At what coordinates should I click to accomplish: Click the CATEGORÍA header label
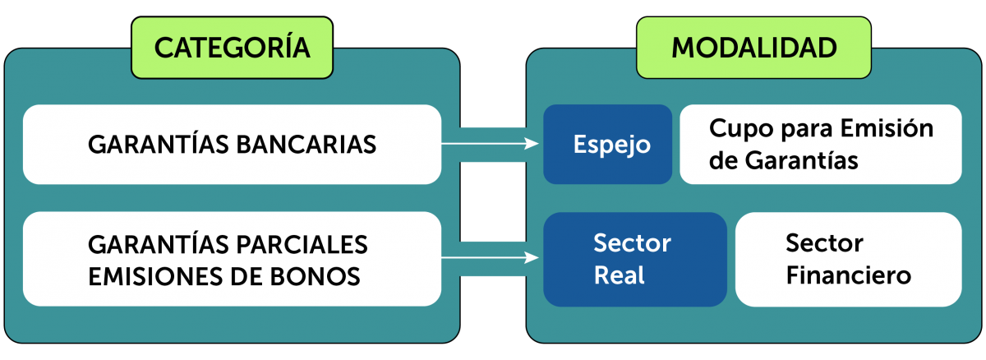tap(232, 48)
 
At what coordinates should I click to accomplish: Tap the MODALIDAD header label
tap(754, 48)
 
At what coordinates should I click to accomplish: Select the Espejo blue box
tap(607, 145)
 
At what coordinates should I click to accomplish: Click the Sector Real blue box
tap(634, 259)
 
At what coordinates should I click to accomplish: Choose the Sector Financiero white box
tap(848, 259)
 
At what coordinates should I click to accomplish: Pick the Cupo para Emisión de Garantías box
tap(820, 145)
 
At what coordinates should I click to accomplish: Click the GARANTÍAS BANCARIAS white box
tap(232, 145)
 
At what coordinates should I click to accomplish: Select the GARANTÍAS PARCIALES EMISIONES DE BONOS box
tap(232, 259)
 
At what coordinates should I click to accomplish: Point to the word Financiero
tap(848, 275)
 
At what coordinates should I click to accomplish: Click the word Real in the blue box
tap(619, 275)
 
